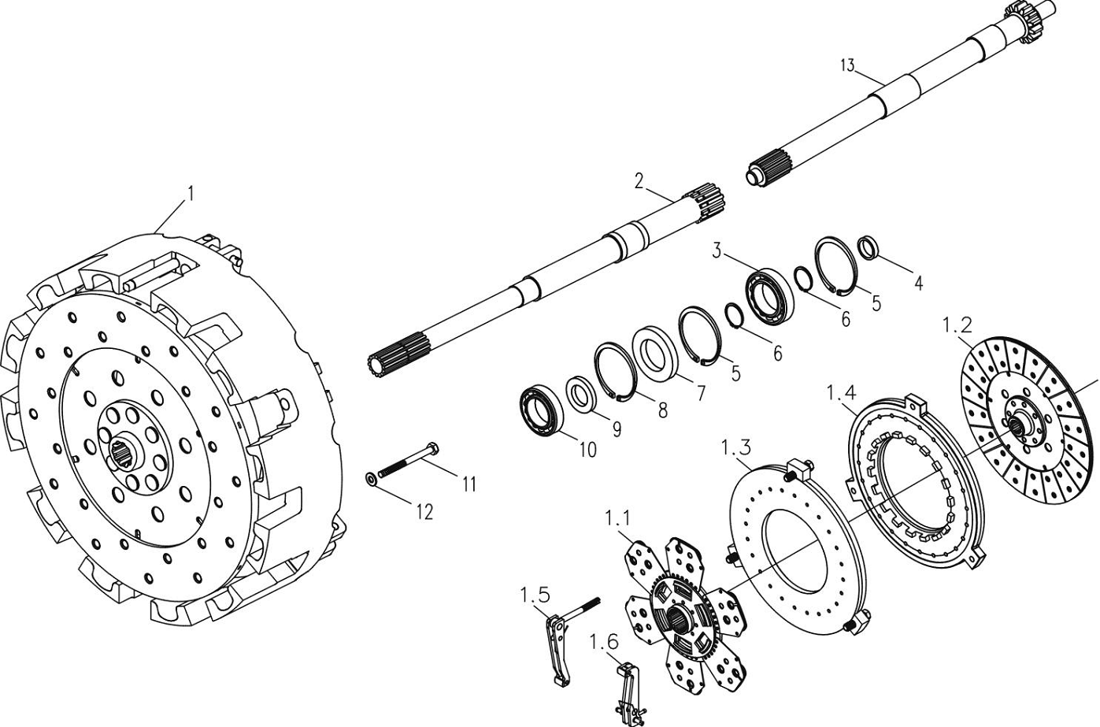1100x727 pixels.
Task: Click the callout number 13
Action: tap(847, 65)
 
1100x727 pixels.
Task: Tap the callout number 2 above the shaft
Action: tap(639, 181)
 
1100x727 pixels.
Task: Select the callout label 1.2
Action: tap(957, 325)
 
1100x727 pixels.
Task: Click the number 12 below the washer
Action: tap(425, 512)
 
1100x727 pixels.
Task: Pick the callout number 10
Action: tap(588, 450)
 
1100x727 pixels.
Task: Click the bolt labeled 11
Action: tap(408, 459)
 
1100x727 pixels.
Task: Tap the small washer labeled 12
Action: tap(371, 478)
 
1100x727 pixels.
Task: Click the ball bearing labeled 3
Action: tap(769, 296)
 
